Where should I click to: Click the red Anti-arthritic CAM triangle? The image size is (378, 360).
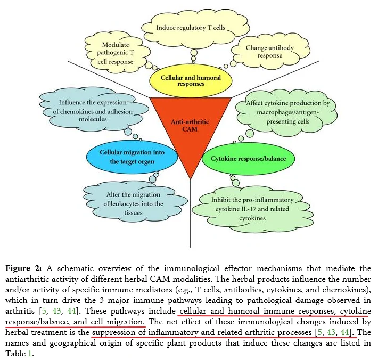191,125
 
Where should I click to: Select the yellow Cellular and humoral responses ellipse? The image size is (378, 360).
191,81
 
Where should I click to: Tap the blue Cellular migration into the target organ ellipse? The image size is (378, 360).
132,157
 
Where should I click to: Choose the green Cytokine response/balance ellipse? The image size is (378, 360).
248,159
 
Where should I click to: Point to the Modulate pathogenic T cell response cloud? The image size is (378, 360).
117,53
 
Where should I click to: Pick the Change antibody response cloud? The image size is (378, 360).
270,51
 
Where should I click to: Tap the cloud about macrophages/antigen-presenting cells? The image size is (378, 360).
287,112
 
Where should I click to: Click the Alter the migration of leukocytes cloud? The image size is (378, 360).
135,203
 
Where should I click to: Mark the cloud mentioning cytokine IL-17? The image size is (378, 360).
252,209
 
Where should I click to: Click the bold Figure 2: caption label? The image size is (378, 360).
23,268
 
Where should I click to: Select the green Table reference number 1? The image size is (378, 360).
30,354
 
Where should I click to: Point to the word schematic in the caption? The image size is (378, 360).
76,268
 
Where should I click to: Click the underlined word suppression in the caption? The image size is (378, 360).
113,333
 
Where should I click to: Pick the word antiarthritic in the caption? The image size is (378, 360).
27,279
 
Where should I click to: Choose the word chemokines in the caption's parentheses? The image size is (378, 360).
346,290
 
